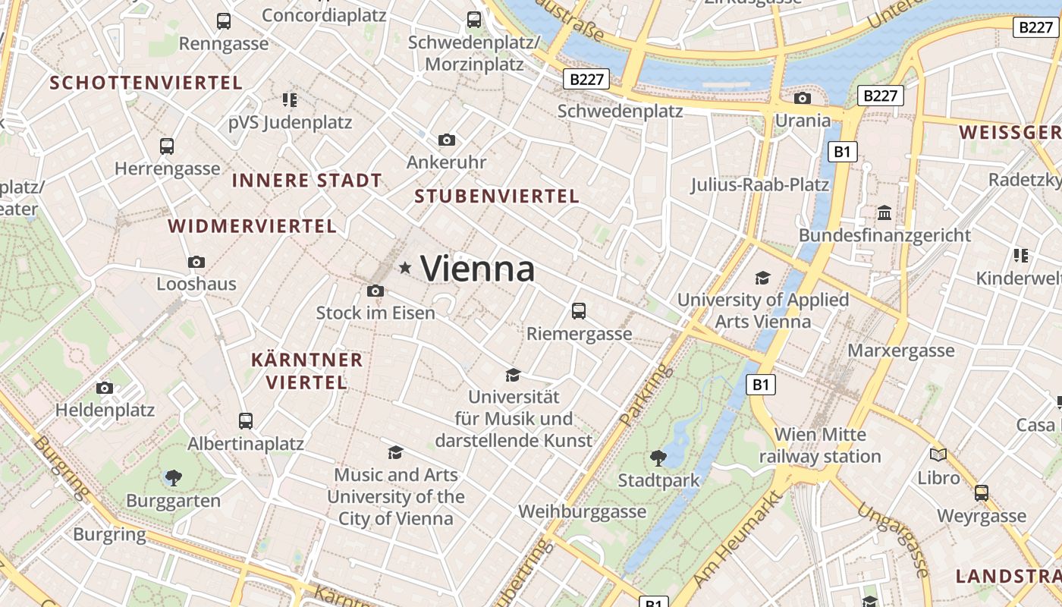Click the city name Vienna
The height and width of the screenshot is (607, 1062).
(x=477, y=269)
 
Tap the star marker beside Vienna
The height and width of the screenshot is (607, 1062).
(x=406, y=267)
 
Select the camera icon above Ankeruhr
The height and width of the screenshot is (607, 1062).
(x=447, y=140)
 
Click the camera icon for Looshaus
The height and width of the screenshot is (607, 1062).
(x=196, y=262)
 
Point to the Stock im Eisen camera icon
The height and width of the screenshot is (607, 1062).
(x=375, y=291)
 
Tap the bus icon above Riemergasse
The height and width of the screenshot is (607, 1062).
(x=579, y=310)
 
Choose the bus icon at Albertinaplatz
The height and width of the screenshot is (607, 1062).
(x=246, y=420)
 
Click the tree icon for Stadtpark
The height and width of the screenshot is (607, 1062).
(x=658, y=458)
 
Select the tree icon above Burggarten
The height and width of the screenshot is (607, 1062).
(x=173, y=477)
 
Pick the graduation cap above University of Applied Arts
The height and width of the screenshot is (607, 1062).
(x=762, y=278)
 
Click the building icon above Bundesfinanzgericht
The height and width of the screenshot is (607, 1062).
(x=884, y=213)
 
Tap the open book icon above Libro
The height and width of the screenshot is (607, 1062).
(x=938, y=454)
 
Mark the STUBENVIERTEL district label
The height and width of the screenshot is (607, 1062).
(x=497, y=197)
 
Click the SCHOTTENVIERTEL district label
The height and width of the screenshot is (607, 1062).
(x=146, y=83)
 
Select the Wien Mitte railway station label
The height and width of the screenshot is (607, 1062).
(x=820, y=445)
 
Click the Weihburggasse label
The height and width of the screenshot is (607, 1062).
(x=583, y=511)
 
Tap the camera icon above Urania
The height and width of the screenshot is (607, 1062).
(x=803, y=98)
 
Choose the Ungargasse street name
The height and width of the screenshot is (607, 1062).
(x=895, y=539)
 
